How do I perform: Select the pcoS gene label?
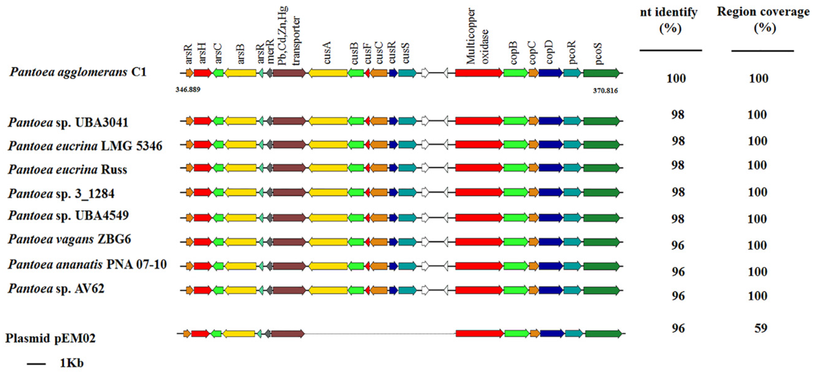pos(598,53)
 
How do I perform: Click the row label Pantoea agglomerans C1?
pos(78,72)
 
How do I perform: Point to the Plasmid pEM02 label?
pos(50,338)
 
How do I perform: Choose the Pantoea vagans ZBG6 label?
pos(70,239)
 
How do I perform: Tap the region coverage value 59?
pos(761,328)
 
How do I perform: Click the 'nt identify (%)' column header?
pos(669,20)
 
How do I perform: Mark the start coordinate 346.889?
pos(188,90)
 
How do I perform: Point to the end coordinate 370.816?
pos(605,91)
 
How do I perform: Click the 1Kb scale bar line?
pos(36,364)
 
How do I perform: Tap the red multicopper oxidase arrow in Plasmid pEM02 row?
pos(479,333)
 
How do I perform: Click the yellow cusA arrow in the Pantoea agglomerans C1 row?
pos(328,73)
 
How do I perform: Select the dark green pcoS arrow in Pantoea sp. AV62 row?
pos(601,290)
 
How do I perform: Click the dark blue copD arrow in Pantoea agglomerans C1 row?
pos(551,73)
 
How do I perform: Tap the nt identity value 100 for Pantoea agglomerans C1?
pos(676,78)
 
